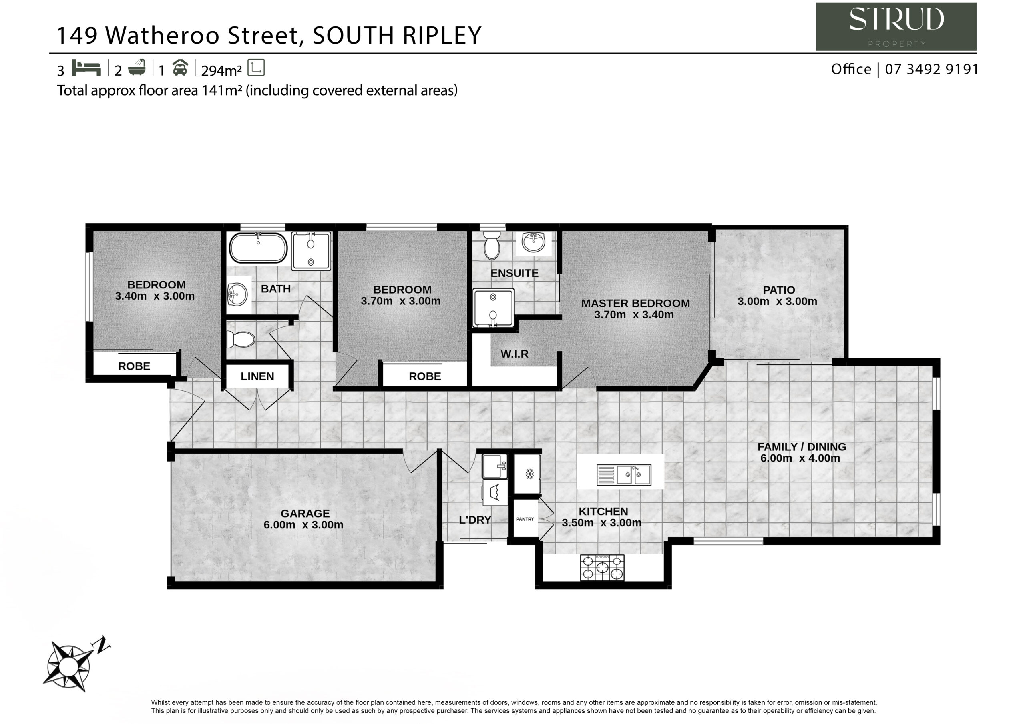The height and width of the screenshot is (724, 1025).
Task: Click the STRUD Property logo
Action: [896, 27]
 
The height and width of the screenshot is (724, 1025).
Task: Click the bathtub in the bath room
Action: [258, 248]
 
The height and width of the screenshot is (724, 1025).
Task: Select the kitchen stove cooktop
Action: [602, 568]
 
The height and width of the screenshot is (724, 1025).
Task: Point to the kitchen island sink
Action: [624, 475]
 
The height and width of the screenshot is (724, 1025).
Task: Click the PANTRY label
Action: [525, 519]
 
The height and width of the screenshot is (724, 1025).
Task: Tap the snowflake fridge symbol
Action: [529, 474]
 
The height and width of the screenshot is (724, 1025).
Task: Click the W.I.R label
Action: [514, 354]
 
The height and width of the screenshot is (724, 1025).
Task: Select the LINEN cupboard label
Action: [257, 376]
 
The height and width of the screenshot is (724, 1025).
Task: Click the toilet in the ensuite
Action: [492, 245]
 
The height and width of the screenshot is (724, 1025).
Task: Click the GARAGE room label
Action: [305, 514]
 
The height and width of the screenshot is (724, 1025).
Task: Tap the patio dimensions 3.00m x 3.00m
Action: [777, 301]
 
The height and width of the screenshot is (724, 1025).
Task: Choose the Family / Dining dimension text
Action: [800, 458]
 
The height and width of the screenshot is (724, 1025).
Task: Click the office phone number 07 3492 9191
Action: [932, 69]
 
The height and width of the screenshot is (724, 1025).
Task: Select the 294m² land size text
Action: [221, 70]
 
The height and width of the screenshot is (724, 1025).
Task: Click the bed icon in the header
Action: [86, 68]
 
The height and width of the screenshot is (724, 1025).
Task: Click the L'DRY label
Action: [474, 520]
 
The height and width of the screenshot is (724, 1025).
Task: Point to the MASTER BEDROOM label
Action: [635, 303]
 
